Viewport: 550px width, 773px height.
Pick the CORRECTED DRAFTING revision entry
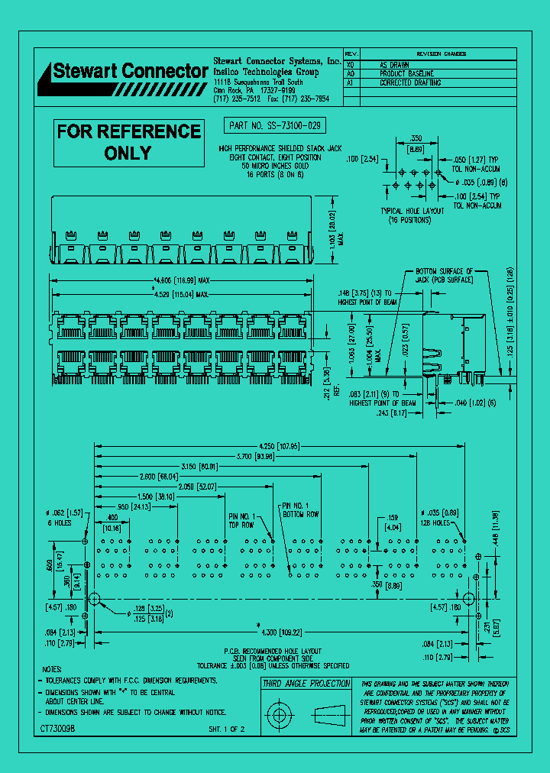(x=410, y=82)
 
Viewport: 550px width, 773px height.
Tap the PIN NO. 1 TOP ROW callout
(x=244, y=519)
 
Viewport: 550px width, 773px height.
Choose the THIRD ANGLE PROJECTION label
(x=306, y=684)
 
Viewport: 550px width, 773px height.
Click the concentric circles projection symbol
(x=280, y=716)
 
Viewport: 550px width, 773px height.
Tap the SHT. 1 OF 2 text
(x=227, y=730)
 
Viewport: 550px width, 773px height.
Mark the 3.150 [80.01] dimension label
(x=199, y=466)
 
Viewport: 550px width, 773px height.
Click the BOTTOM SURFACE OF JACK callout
(x=445, y=276)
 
